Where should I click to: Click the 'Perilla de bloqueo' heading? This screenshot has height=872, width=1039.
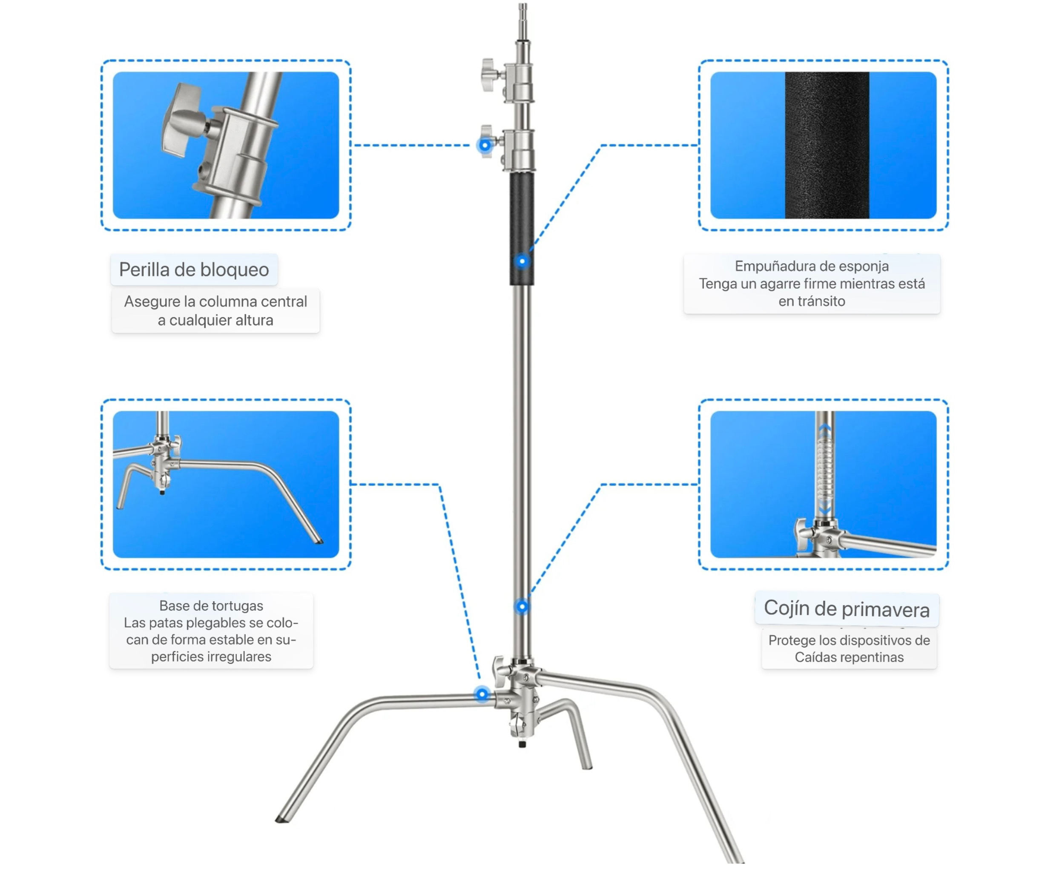[x=194, y=270]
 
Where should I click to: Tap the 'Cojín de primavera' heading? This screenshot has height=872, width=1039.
[x=846, y=609]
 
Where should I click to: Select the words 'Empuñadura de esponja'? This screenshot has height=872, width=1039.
[x=812, y=267]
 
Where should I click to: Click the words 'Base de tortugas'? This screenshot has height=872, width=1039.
[x=211, y=606]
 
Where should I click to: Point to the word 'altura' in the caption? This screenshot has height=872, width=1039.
[x=254, y=321]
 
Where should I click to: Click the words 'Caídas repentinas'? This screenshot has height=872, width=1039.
[x=849, y=657]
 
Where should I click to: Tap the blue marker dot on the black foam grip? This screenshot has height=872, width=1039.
[x=522, y=261]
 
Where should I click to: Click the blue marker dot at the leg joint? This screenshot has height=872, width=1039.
[x=482, y=694]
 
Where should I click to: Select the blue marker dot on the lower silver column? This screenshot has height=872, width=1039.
[x=522, y=606]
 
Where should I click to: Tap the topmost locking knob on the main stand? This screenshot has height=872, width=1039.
[x=489, y=75]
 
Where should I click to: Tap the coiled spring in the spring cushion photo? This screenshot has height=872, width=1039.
[x=824, y=470]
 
